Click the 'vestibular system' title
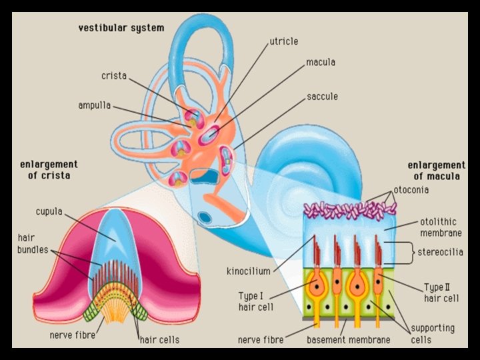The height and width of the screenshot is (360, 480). [121, 28]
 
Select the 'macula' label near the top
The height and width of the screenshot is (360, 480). [321, 63]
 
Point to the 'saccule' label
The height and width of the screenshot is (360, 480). [322, 97]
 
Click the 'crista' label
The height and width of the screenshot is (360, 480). [113, 76]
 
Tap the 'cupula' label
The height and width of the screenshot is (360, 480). [48, 212]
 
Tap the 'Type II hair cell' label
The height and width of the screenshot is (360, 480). [441, 293]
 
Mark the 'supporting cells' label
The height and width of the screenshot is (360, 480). [433, 334]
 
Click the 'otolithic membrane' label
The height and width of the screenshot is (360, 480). [441, 227]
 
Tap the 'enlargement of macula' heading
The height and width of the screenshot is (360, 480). [436, 171]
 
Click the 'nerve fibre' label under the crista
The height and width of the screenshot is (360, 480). [71, 335]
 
